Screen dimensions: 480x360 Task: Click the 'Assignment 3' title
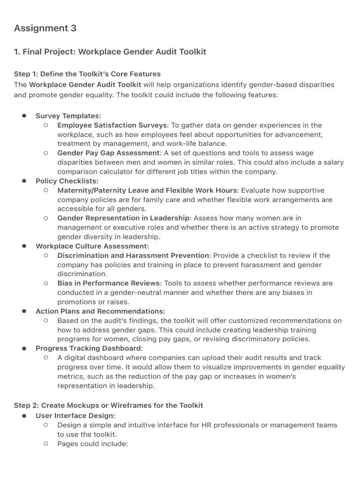(x=45, y=28)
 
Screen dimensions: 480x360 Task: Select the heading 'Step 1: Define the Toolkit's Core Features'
(x=87, y=74)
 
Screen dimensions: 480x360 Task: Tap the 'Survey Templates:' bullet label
(x=68, y=116)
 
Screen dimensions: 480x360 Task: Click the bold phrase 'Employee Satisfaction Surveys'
(x=112, y=125)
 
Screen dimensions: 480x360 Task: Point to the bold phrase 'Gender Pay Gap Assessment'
(x=108, y=153)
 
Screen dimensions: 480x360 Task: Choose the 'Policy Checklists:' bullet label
(x=67, y=181)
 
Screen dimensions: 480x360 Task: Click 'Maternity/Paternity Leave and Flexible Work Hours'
(x=148, y=190)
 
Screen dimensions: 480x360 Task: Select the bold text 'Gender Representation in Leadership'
(x=124, y=218)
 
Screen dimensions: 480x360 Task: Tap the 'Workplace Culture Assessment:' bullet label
(x=92, y=246)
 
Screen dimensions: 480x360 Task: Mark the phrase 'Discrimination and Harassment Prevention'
(x=133, y=255)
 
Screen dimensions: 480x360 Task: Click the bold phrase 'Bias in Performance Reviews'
(x=109, y=283)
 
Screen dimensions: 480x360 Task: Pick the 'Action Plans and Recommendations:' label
(x=100, y=311)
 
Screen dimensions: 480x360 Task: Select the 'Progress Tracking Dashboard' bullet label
(x=88, y=348)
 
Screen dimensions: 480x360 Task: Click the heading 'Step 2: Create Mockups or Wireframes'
(x=108, y=405)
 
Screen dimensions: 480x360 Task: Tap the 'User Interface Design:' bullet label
(x=75, y=416)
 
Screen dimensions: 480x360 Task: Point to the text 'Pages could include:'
(x=92, y=443)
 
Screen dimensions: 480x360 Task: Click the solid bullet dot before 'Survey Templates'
(x=23, y=116)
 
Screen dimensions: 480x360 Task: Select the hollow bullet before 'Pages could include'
(x=45, y=443)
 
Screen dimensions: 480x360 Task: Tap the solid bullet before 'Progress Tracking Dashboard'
(x=23, y=348)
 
